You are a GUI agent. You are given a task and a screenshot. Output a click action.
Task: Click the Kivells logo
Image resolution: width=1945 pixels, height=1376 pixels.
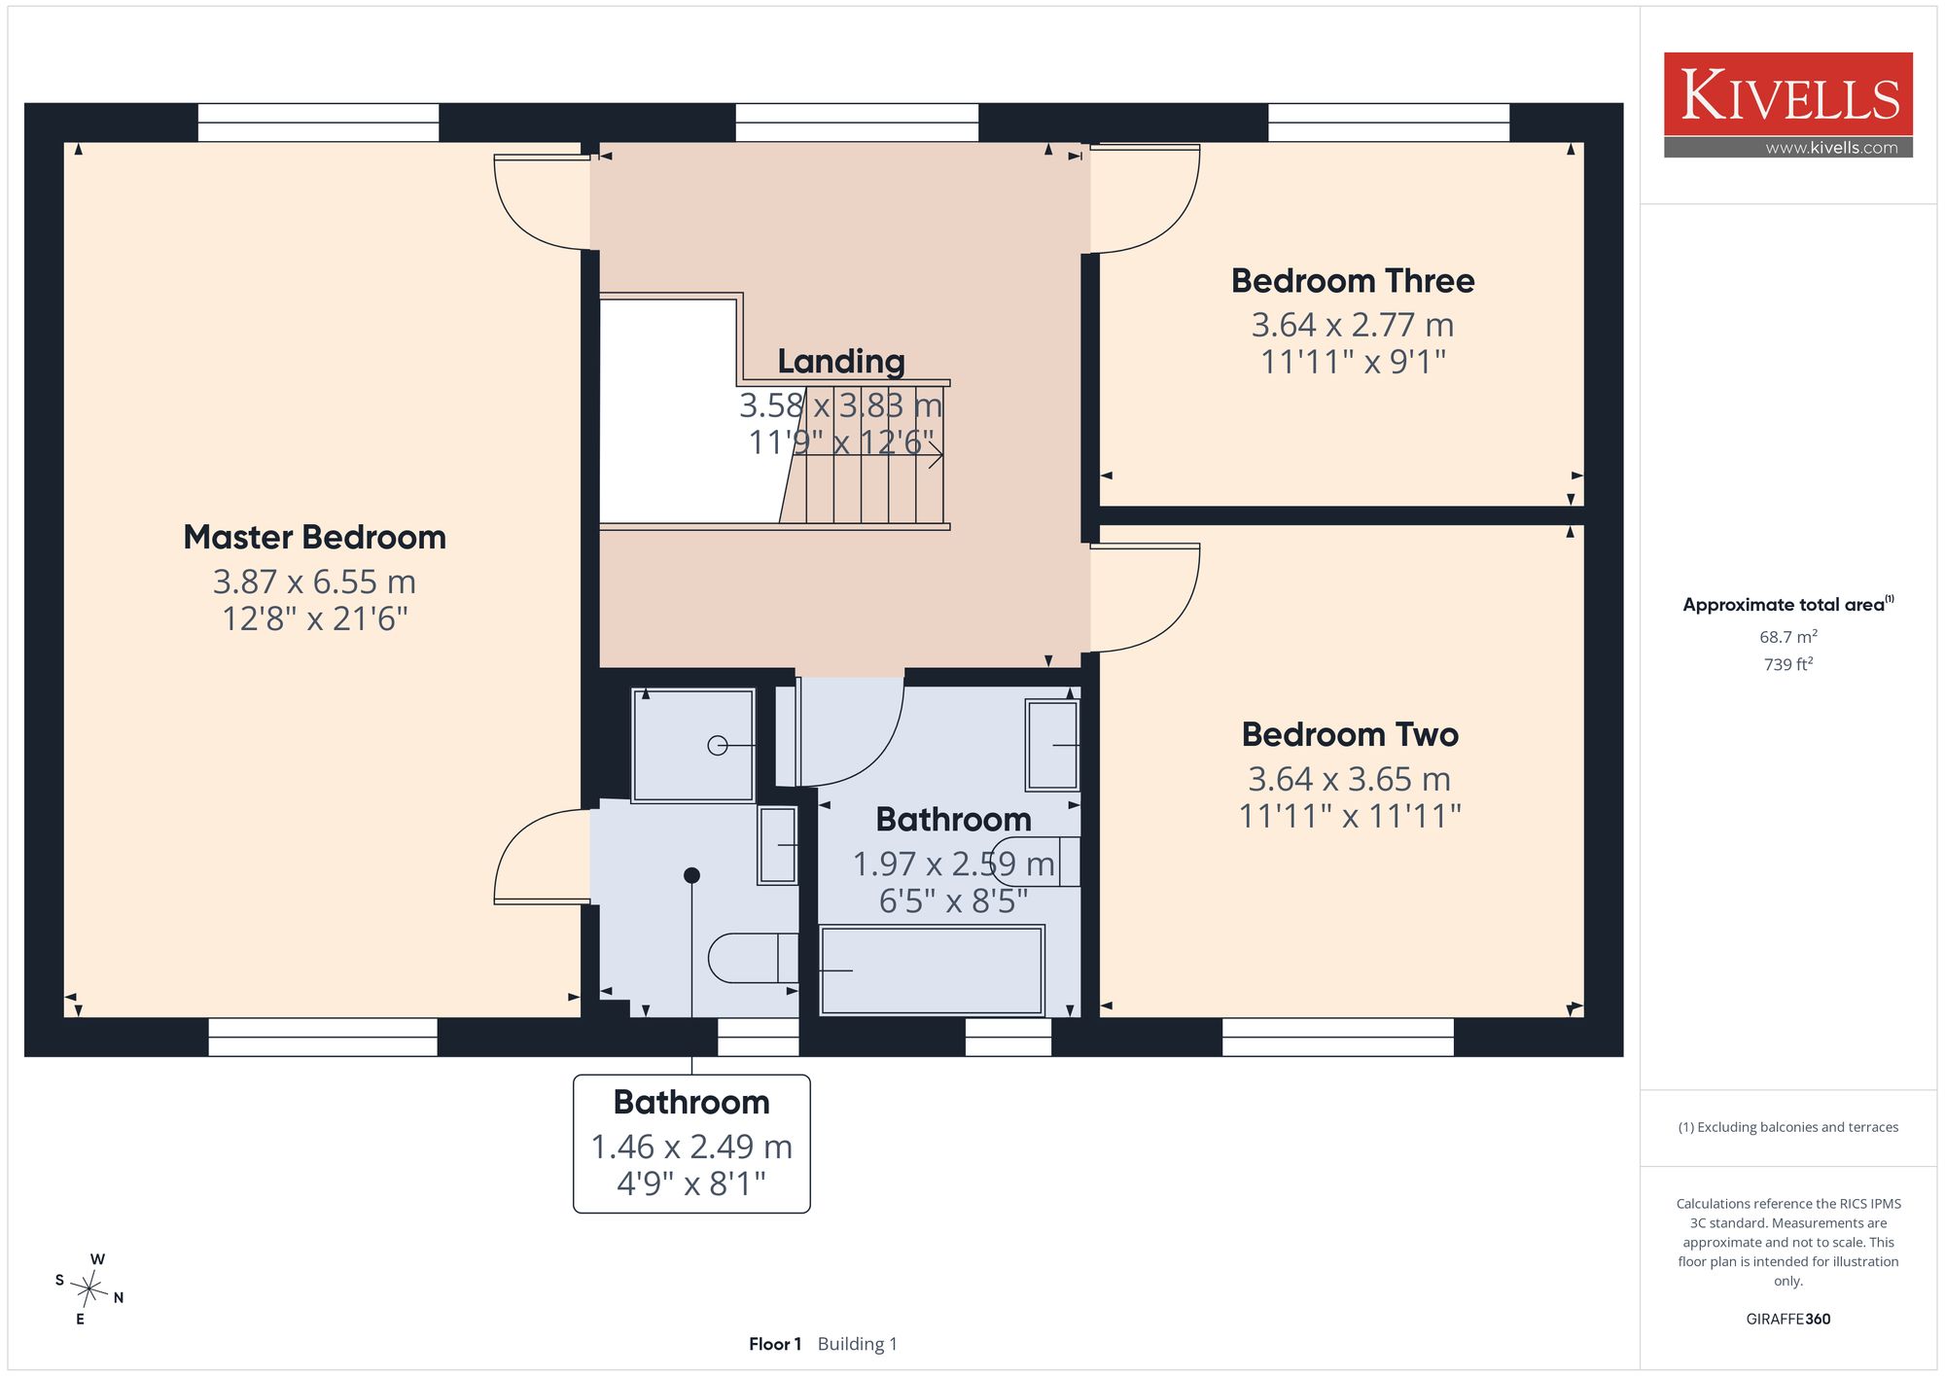tap(1788, 105)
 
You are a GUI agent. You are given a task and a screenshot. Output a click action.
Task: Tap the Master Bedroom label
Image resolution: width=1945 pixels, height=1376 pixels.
tap(314, 537)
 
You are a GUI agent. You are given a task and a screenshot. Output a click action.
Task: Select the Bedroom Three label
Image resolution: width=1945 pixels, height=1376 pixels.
tap(1353, 281)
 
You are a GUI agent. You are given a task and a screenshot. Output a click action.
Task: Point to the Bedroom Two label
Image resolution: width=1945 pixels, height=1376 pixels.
tap(1350, 734)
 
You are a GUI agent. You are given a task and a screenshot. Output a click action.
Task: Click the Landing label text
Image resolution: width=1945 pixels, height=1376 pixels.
tap(841, 362)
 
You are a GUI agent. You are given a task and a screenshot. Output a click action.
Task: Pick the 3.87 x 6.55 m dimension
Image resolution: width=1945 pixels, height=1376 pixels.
tap(314, 582)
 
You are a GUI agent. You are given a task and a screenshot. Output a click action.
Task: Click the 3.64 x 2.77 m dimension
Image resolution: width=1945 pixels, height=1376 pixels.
tap(1353, 325)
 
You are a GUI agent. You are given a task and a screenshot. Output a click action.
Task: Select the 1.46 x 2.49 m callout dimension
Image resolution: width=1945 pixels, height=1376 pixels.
tap(691, 1147)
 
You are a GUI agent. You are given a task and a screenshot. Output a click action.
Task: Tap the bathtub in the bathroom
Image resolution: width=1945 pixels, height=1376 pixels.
tap(932, 970)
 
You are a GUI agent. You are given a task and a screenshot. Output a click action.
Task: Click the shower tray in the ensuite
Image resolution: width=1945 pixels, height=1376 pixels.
tap(693, 746)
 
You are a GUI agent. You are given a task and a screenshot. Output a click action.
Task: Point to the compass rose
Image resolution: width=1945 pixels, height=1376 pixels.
tap(89, 1289)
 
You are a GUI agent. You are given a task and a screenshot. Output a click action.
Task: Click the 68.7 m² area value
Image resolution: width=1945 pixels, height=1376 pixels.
tap(1788, 637)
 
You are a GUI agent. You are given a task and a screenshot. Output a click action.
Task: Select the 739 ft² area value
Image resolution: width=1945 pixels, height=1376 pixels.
tap(1788, 664)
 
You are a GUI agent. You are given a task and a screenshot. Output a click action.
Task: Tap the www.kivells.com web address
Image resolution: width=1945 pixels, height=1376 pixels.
tap(1831, 148)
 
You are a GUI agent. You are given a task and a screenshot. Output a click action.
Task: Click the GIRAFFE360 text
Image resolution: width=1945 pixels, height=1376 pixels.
tap(1788, 1320)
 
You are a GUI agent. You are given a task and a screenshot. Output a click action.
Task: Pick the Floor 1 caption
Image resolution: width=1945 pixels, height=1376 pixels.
tap(775, 1344)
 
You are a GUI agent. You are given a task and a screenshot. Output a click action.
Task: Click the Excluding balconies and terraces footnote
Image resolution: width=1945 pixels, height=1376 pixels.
tap(1788, 1127)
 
